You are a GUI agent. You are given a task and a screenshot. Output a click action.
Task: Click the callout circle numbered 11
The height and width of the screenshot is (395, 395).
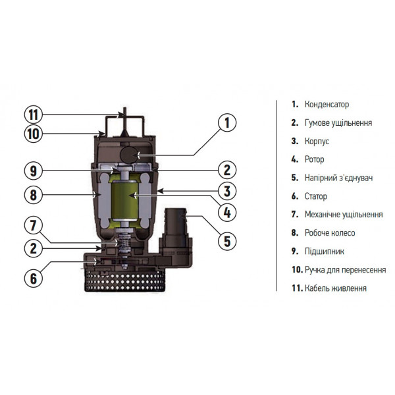(34, 113)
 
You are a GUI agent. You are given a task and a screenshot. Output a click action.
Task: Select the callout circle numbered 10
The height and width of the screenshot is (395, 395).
(34, 134)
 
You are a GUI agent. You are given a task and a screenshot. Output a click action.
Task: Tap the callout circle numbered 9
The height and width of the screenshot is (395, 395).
(34, 171)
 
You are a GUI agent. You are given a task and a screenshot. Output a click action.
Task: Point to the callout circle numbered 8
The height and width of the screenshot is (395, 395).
(34, 194)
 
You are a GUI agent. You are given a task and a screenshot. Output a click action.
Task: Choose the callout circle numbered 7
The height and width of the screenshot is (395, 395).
(34, 224)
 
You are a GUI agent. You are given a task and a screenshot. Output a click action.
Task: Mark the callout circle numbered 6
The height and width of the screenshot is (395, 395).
(34, 277)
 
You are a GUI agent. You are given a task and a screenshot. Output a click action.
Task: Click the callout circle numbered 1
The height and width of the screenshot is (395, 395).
(226, 122)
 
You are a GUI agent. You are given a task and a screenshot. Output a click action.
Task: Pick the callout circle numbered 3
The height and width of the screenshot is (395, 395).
(226, 192)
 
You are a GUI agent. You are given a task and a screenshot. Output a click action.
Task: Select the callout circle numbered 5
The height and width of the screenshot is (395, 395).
(226, 241)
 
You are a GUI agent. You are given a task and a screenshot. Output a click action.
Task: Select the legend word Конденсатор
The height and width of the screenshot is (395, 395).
(327, 105)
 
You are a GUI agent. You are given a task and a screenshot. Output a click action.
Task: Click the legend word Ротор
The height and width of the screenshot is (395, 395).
(315, 159)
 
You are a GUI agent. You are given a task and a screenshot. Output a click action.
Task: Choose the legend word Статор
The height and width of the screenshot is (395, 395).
(316, 196)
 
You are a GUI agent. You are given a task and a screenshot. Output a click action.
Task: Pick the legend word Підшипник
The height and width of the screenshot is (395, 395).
(323, 251)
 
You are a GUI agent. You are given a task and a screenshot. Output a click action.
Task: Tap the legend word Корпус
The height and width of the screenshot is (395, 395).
(317, 141)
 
